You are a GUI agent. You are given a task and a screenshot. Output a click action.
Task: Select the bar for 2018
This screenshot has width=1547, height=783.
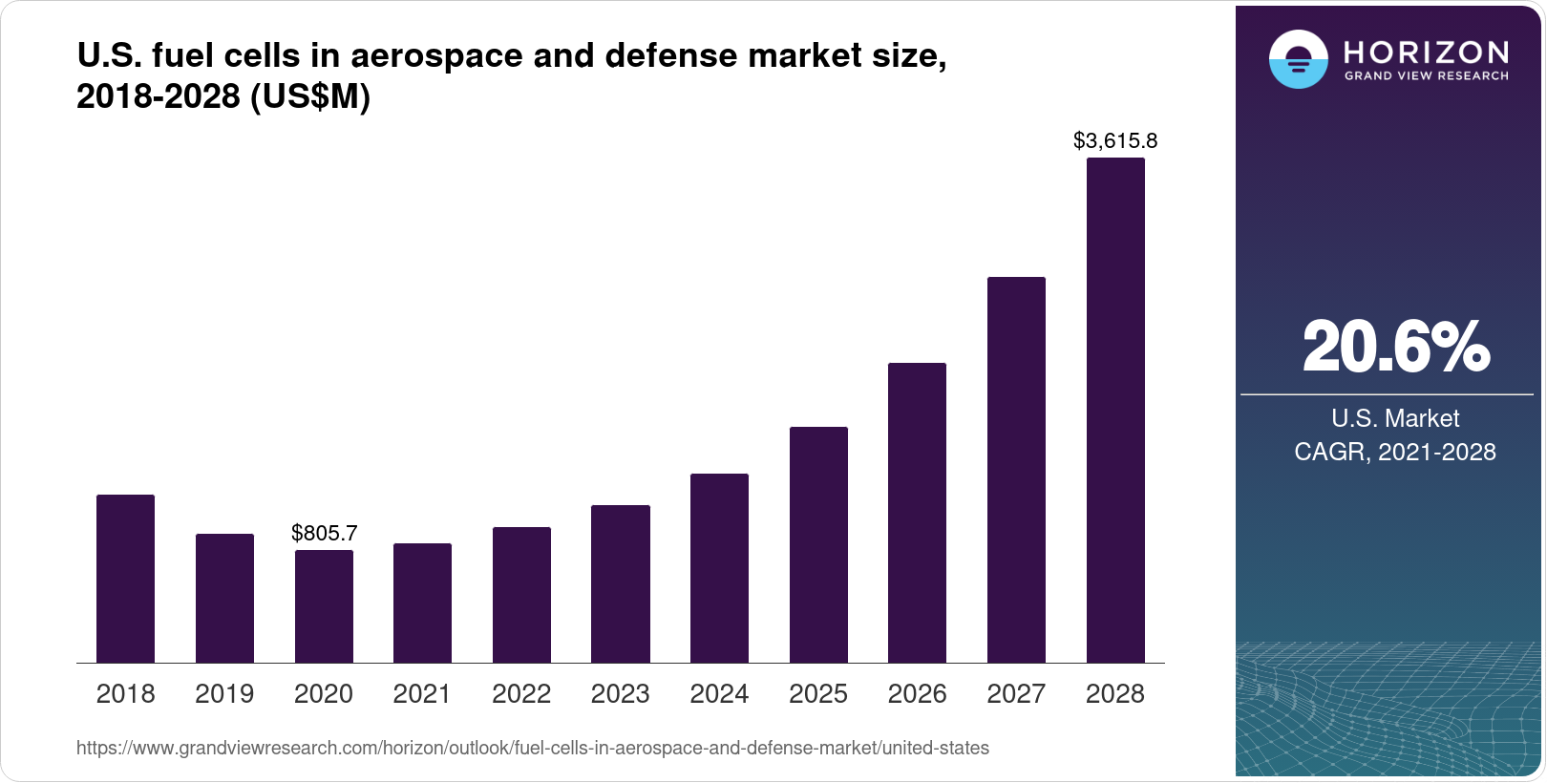coord(125,579)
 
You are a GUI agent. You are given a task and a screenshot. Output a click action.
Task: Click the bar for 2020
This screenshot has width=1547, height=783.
coord(324,606)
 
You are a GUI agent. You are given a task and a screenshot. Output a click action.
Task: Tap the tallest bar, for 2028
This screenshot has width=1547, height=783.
coord(1115,411)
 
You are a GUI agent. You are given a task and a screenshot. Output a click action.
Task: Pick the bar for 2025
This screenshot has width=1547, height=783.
coord(818,544)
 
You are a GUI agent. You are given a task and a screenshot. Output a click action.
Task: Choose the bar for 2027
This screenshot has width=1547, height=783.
coord(1016,470)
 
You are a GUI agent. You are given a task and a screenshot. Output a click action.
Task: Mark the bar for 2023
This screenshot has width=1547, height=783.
coord(621,583)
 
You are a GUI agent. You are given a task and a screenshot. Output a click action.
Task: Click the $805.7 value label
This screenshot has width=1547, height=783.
coord(324,533)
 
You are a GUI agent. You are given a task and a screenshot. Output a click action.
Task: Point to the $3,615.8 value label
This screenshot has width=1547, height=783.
coord(1115,141)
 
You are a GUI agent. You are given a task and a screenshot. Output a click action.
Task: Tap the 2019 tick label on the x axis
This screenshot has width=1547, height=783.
coord(224,694)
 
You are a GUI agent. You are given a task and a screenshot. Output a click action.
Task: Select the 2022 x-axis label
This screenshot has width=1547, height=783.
coord(521,694)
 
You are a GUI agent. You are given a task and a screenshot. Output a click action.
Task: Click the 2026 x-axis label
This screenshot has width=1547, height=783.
coord(917,694)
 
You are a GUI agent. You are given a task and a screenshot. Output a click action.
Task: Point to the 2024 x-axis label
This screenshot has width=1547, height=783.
coord(719,694)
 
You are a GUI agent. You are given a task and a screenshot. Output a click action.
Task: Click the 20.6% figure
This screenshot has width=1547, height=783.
coord(1395,347)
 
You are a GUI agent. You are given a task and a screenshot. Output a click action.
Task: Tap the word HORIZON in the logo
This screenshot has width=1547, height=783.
coord(1426,52)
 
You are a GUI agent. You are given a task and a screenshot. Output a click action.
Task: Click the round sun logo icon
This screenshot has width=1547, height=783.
coord(1298,59)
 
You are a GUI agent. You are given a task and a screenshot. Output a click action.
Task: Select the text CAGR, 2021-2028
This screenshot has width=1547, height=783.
coord(1394,452)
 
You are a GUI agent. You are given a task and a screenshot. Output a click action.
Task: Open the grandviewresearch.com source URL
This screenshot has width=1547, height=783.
coord(532,749)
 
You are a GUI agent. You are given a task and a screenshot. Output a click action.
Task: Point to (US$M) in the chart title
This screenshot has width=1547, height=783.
coord(309,96)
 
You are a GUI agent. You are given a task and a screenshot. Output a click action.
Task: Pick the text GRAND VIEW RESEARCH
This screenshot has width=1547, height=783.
coord(1426,75)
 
